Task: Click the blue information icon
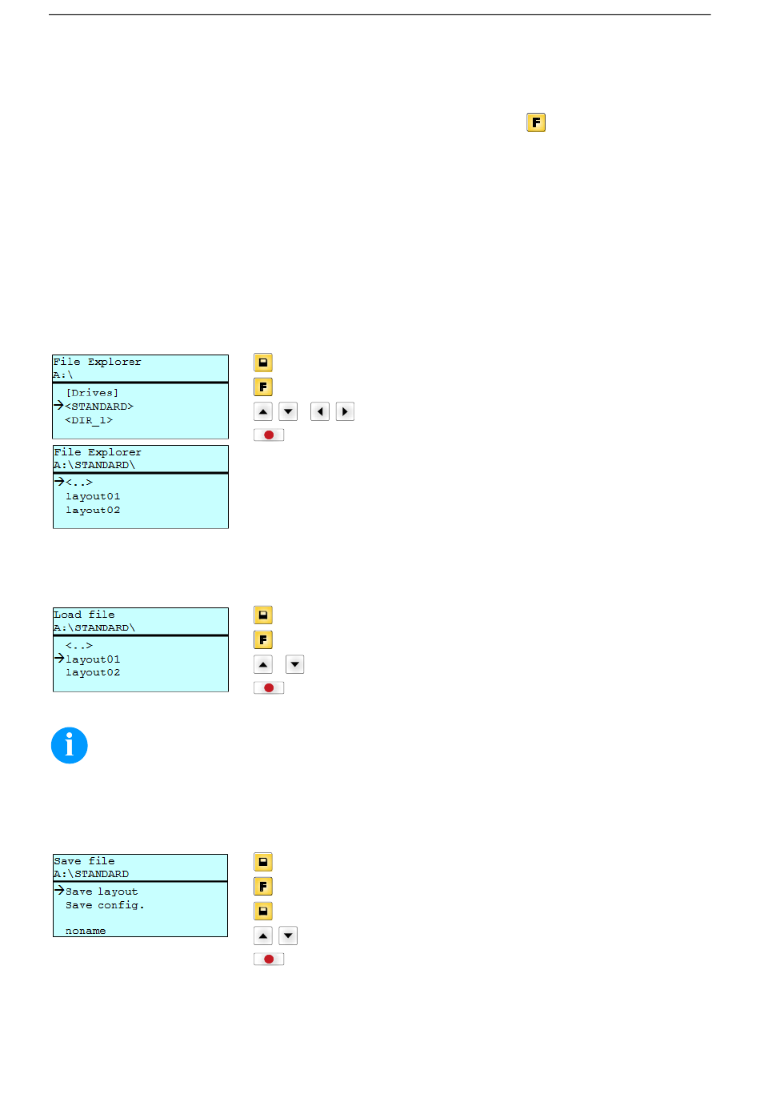point(70,745)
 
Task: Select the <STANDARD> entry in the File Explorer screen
point(99,407)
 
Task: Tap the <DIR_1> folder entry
point(89,420)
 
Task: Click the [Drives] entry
point(92,393)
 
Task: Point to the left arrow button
point(320,412)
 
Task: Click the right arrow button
point(345,412)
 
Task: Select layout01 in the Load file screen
point(93,659)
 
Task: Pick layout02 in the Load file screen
point(93,673)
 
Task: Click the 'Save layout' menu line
point(102,892)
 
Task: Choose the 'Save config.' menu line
point(105,905)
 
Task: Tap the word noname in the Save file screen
point(86,931)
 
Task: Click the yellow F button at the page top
point(536,122)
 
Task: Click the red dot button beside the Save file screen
point(269,959)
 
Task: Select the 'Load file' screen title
point(84,615)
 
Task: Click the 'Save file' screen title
point(84,861)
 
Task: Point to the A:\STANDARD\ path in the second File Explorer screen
point(94,465)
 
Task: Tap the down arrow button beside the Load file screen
point(295,664)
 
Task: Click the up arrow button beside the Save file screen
point(263,936)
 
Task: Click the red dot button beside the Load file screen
point(269,687)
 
